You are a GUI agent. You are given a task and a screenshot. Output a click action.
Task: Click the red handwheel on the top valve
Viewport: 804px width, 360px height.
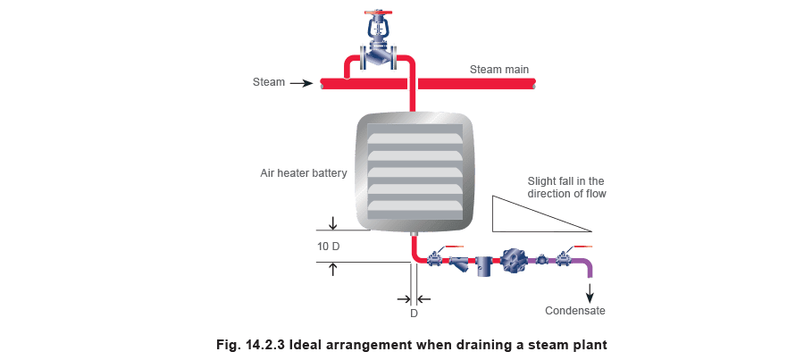point(379,12)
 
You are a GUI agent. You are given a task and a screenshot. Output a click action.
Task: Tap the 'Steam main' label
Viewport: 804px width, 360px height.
point(498,70)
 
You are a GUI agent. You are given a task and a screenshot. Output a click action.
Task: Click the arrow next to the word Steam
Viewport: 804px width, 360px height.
point(301,83)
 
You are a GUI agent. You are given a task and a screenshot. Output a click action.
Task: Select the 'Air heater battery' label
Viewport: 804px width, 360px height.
point(304,172)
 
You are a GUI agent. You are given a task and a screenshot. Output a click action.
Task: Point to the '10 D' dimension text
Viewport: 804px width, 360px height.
point(328,247)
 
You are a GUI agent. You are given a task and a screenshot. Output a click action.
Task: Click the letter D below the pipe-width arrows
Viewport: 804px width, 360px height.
point(414,314)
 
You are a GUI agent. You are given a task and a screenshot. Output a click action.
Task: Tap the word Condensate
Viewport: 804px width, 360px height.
point(574,311)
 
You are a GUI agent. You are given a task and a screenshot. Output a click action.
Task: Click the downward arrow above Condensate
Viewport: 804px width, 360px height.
point(590,292)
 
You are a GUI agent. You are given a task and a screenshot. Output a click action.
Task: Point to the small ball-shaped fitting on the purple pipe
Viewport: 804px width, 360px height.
point(540,260)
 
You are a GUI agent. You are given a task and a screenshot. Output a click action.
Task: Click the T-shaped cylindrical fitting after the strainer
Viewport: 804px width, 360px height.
point(483,265)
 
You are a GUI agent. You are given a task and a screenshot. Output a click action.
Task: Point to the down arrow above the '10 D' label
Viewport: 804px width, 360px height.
point(333,222)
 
